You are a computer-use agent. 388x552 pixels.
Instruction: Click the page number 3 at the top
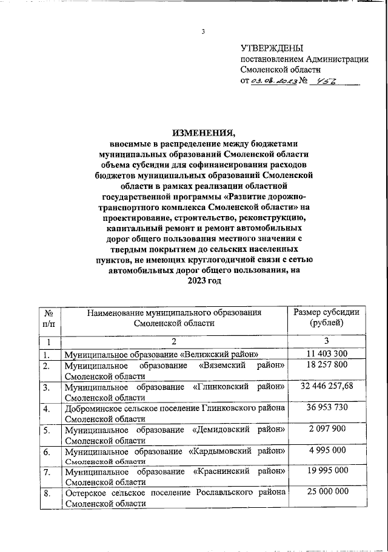click(x=204, y=31)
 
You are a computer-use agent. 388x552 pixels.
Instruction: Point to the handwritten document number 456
click(x=331, y=82)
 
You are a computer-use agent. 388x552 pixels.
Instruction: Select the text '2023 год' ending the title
click(x=204, y=281)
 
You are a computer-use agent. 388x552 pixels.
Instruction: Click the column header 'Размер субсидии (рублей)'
click(x=326, y=318)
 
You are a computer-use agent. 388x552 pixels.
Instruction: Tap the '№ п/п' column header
click(x=48, y=318)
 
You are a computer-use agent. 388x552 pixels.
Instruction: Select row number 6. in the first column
click(x=47, y=451)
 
